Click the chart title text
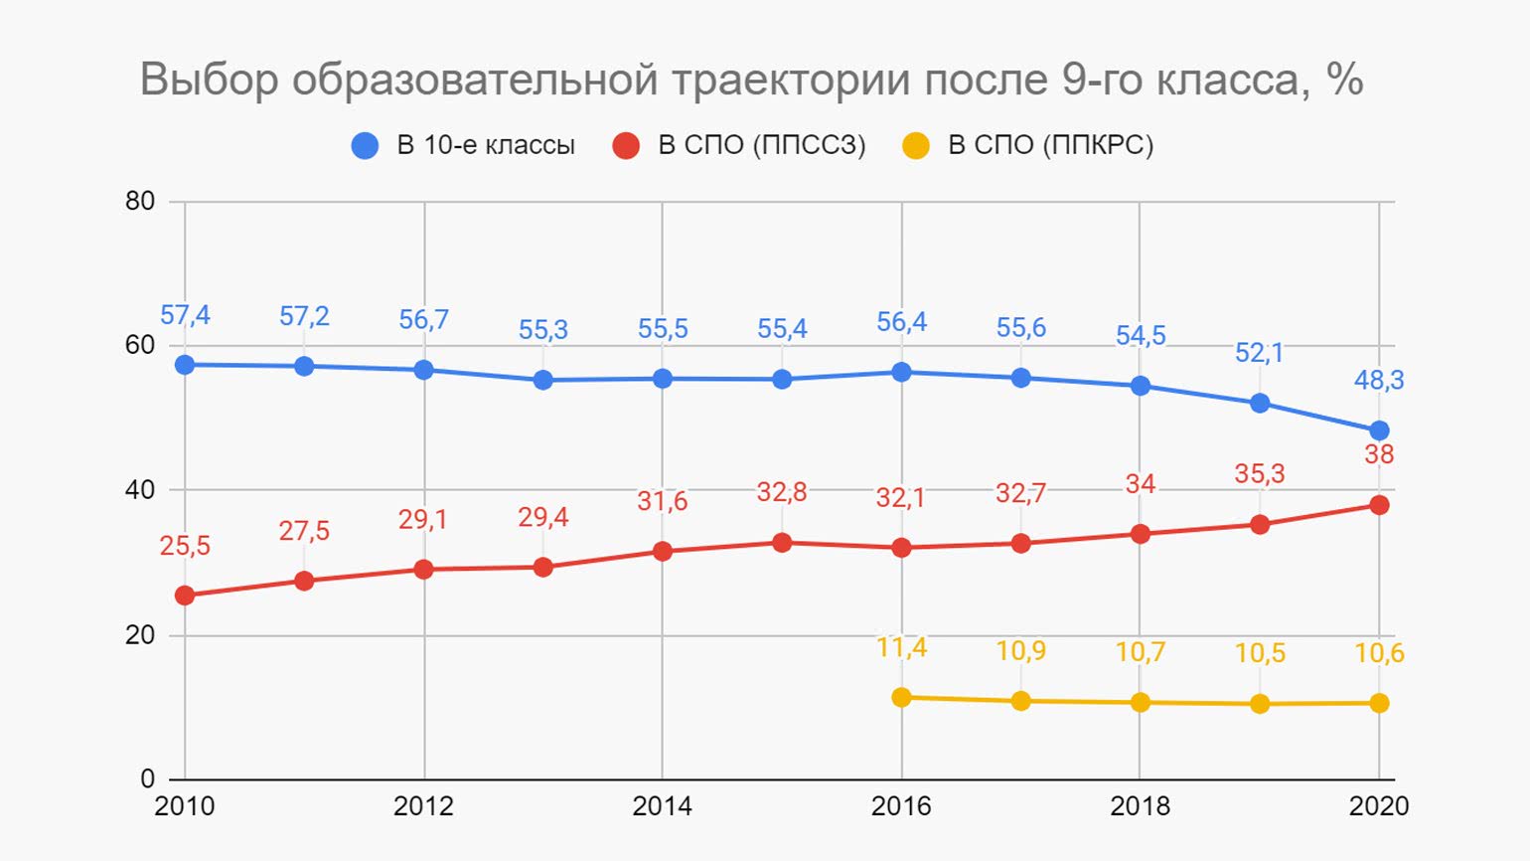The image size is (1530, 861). (751, 80)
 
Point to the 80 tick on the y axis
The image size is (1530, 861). (140, 201)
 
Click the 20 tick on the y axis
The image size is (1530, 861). (140, 635)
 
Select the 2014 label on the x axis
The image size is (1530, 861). (662, 805)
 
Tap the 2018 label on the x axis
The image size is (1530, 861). (1140, 805)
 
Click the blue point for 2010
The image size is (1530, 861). (185, 365)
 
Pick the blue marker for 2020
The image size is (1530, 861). (1379, 430)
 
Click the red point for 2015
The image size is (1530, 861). (782, 543)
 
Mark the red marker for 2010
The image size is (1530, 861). (185, 596)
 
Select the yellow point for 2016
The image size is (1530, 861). (901, 697)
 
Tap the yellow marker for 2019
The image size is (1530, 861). (1260, 704)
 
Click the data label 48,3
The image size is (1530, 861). (1379, 380)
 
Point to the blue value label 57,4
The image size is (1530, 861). (185, 316)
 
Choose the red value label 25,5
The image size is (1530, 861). (185, 546)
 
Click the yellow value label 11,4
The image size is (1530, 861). (901, 648)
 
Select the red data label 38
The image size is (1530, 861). (1379, 454)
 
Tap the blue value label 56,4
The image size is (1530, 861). (901, 322)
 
